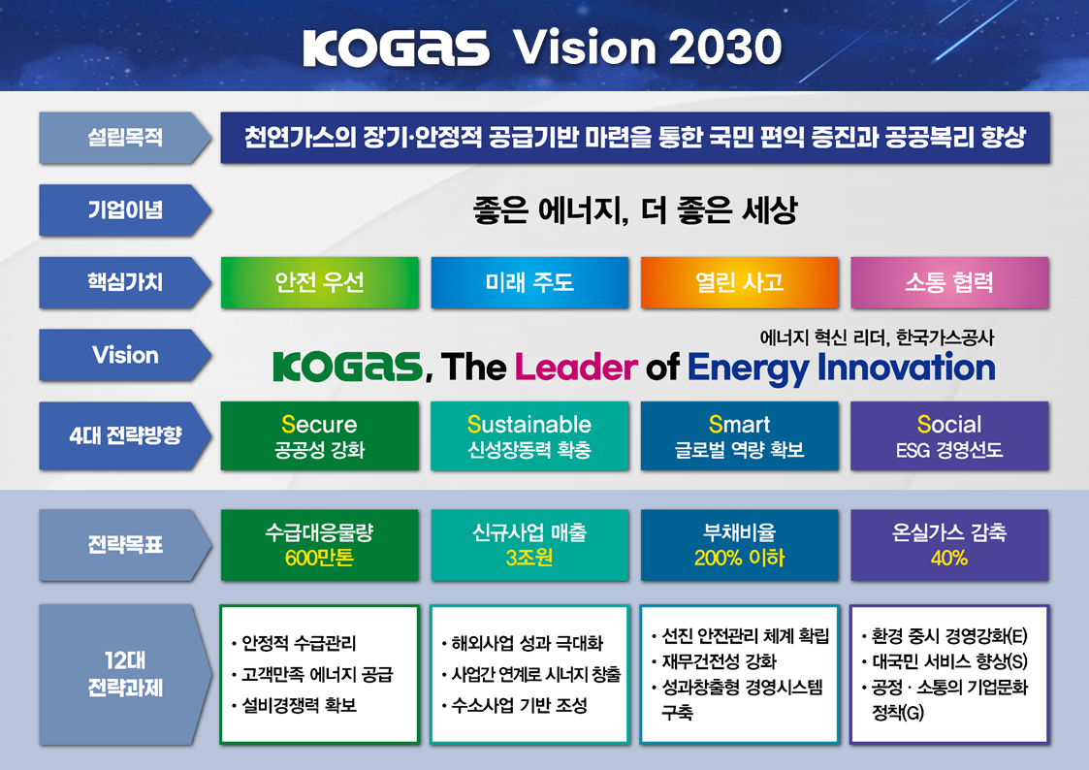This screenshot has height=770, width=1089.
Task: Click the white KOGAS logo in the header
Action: tap(396, 48)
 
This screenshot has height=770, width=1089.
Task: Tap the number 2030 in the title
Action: tap(725, 48)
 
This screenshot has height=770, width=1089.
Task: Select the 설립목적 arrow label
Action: tap(125, 138)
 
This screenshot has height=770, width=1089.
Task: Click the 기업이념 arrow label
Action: tap(125, 209)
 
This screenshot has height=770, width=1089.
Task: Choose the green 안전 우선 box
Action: tap(319, 282)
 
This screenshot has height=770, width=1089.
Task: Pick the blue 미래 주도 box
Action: tap(529, 282)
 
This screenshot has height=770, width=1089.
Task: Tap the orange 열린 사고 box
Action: tap(740, 282)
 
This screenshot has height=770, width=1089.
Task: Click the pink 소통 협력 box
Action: tap(949, 282)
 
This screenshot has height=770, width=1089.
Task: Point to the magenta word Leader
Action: tap(576, 368)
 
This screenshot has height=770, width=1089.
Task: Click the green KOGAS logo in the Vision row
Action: tap(348, 367)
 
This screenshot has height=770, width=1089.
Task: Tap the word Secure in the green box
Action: tap(319, 424)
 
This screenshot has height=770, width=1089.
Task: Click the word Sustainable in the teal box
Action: tap(529, 424)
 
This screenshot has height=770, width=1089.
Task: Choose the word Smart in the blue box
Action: tap(740, 424)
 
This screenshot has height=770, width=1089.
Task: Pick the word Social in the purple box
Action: tap(949, 424)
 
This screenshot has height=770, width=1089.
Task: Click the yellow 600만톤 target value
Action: tap(319, 559)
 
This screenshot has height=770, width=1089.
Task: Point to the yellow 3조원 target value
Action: tap(529, 559)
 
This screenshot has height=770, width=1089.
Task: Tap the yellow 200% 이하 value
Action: tap(740, 559)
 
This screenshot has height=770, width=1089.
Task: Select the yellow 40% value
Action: tap(949, 559)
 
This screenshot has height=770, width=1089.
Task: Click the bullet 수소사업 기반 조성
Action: tap(515, 705)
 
